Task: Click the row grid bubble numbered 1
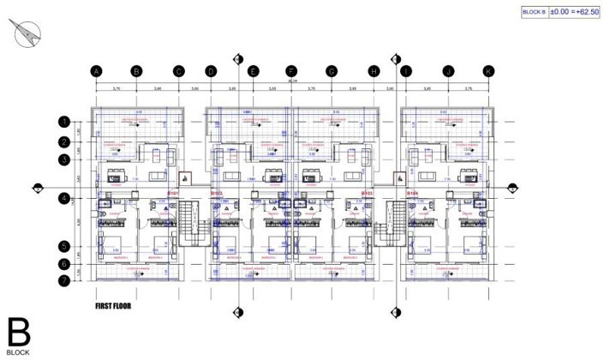[x=64, y=123]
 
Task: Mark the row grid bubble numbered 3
[x=64, y=159]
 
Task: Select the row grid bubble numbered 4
[x=64, y=199]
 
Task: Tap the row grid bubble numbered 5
[x=64, y=246]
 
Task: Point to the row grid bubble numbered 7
[x=64, y=279]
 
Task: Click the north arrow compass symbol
[x=27, y=34]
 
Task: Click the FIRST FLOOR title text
[x=116, y=304]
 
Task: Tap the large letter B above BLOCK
[x=19, y=332]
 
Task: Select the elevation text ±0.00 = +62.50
[x=573, y=11]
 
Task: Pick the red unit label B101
[x=172, y=194]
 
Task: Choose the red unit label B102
[x=217, y=194]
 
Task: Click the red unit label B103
[x=368, y=194]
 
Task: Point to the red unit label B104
[x=412, y=194]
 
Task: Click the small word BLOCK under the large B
[x=18, y=352]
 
